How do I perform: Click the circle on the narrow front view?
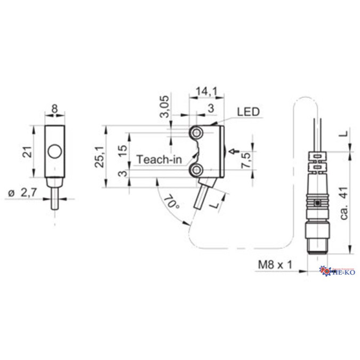[54, 153]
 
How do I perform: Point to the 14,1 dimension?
[206, 92]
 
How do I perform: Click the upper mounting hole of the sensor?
[198, 132]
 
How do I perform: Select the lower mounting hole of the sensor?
[198, 170]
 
